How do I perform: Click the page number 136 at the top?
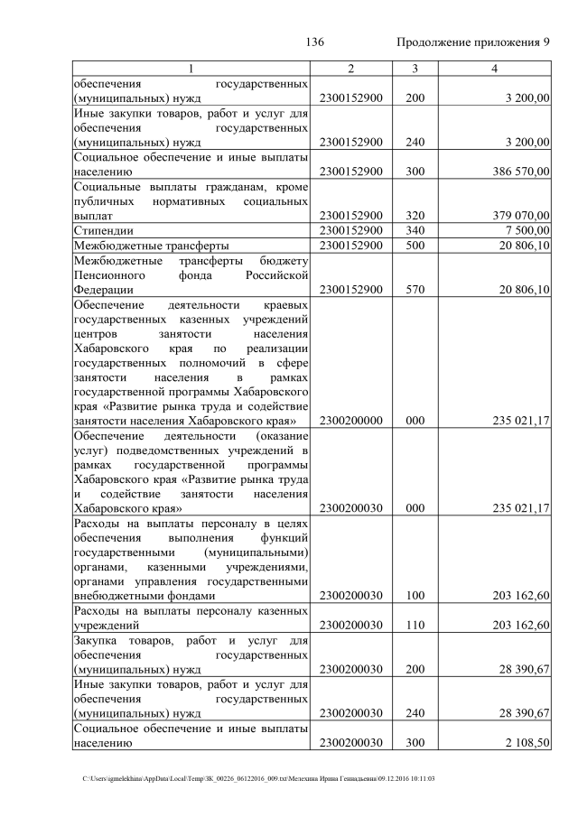click(x=315, y=43)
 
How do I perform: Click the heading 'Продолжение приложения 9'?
click(x=473, y=43)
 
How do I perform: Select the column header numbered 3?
click(x=415, y=70)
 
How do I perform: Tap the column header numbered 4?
click(x=494, y=70)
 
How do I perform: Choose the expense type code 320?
click(x=415, y=216)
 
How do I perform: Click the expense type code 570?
click(x=415, y=290)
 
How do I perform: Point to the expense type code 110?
click(x=415, y=626)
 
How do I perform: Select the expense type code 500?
click(x=415, y=246)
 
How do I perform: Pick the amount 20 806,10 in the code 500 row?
click(x=518, y=246)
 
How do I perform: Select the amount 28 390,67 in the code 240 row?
click(x=518, y=713)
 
